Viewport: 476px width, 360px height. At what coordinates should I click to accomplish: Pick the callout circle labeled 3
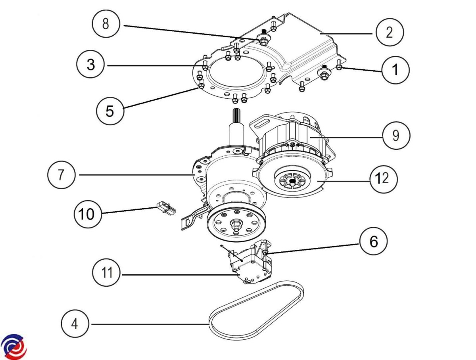coord(91,65)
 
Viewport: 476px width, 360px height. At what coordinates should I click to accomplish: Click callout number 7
coord(61,175)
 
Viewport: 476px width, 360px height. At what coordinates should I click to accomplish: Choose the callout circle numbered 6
coord(373,241)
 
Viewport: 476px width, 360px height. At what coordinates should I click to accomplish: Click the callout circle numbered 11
coord(106,274)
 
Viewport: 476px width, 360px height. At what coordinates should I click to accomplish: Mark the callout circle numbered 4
coord(75,324)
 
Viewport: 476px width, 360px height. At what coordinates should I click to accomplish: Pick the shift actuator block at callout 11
coord(251,265)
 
